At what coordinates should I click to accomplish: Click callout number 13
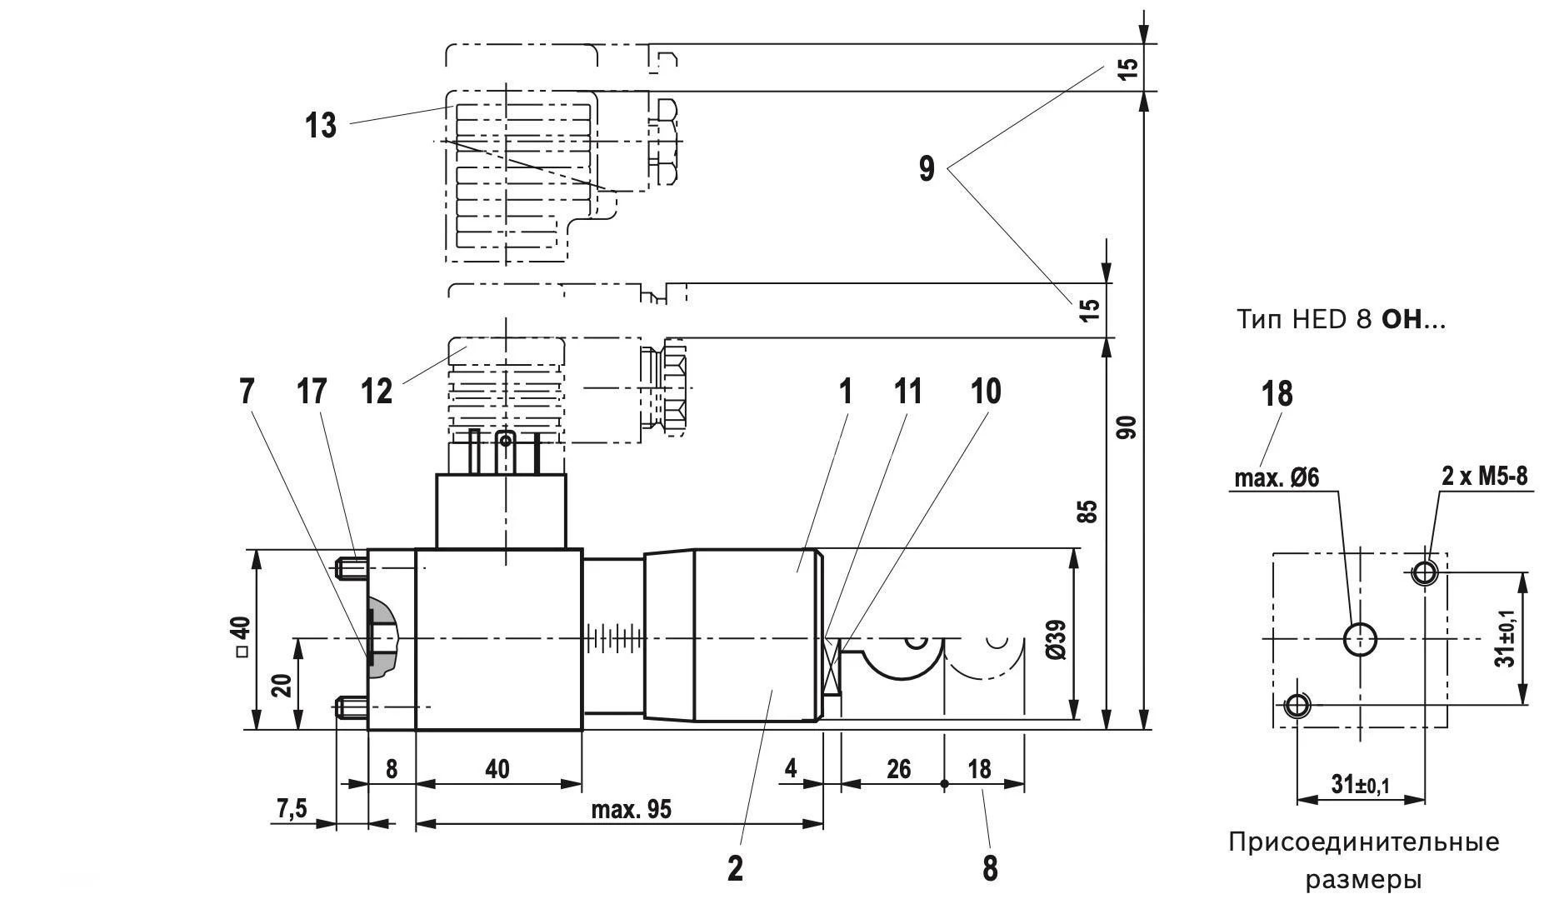[320, 126]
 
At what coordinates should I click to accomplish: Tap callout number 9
[927, 169]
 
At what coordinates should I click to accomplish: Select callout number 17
[312, 391]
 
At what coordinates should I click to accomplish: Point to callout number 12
[377, 391]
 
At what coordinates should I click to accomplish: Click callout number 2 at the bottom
[735, 868]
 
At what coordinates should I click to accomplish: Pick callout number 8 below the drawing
[990, 868]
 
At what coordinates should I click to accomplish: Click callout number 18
[1277, 393]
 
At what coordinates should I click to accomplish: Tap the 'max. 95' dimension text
[631, 809]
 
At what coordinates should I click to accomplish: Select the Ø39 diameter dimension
[1056, 639]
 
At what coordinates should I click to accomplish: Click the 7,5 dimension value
[292, 808]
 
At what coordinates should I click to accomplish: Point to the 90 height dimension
[1127, 427]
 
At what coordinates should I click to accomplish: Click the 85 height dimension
[1087, 511]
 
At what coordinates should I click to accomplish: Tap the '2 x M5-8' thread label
[1485, 477]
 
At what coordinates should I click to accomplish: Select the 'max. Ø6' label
[1276, 477]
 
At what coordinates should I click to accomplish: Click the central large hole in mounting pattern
[1360, 640]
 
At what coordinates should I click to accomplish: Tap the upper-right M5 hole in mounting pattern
[1425, 572]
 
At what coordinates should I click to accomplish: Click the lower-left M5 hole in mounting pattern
[1297, 707]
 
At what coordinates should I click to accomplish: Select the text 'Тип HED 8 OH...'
[1341, 320]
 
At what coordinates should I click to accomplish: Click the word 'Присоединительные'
[1363, 842]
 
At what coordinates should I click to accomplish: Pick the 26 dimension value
[898, 768]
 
